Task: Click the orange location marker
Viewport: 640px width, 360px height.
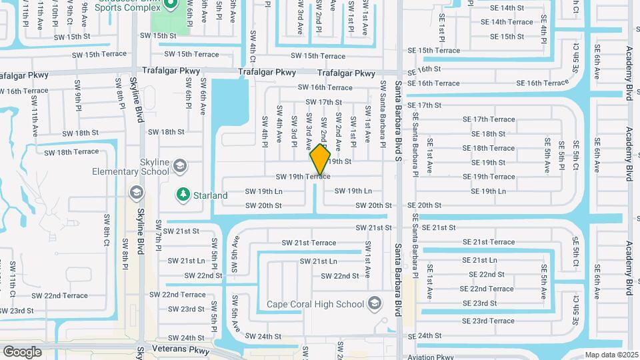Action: pos(320,161)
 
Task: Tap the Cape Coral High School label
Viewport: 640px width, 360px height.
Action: pos(315,305)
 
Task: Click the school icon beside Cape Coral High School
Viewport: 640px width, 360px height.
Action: pos(374,304)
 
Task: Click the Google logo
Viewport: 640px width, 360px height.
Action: pos(22,351)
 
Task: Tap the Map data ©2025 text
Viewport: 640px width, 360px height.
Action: pos(611,355)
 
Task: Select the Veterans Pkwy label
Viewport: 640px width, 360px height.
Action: pos(175,349)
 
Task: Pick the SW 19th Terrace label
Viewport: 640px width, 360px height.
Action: pos(303,177)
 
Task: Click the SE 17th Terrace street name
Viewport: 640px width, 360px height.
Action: pos(493,119)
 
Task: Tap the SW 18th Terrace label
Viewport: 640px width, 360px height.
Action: pos(71,153)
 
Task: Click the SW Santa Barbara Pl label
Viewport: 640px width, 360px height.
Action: pos(383,114)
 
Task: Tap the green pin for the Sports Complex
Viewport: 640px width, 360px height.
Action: pos(170,3)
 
